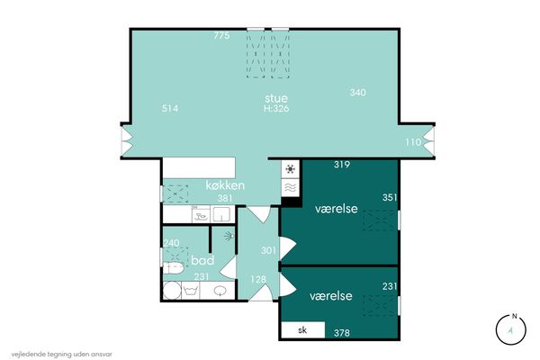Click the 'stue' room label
276,98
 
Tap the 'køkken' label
225,185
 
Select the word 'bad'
202,260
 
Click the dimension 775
221,35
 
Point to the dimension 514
170,109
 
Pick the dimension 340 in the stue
358,93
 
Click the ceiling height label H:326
276,109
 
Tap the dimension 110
413,142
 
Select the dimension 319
342,165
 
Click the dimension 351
390,197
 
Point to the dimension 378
342,333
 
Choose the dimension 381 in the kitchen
225,198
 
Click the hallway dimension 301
268,250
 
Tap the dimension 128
258,279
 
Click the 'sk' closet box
303,330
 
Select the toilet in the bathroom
173,268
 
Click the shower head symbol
229,236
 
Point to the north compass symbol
511,329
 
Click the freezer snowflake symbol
291,169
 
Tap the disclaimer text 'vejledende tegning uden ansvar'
61,354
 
